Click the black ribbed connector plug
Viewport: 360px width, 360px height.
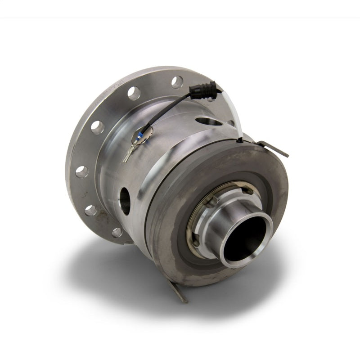(x=201, y=90)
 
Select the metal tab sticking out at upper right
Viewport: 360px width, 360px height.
(x=275, y=149)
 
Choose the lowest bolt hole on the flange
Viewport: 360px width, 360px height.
(x=117, y=233)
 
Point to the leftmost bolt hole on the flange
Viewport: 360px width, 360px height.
(x=81, y=171)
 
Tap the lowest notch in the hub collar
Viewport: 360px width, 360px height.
(x=197, y=243)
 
